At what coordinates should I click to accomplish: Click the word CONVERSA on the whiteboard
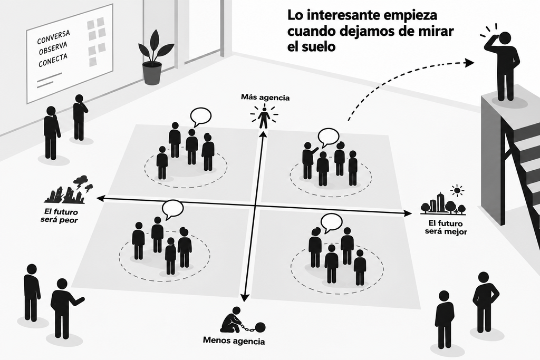(53, 37)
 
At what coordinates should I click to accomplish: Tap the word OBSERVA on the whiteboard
(53, 48)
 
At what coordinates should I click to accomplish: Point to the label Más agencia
(265, 98)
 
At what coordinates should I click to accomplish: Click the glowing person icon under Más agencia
(264, 118)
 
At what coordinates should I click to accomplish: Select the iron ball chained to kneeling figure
(259, 327)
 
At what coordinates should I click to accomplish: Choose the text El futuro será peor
(59, 216)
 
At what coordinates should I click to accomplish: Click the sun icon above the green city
(457, 190)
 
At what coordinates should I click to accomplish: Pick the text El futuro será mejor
(446, 227)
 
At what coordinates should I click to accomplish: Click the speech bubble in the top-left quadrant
(200, 116)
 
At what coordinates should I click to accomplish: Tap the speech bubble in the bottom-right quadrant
(331, 222)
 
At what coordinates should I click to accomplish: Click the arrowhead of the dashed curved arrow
(469, 63)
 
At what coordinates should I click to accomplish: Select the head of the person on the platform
(505, 38)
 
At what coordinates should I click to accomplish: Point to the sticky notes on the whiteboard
(96, 42)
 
